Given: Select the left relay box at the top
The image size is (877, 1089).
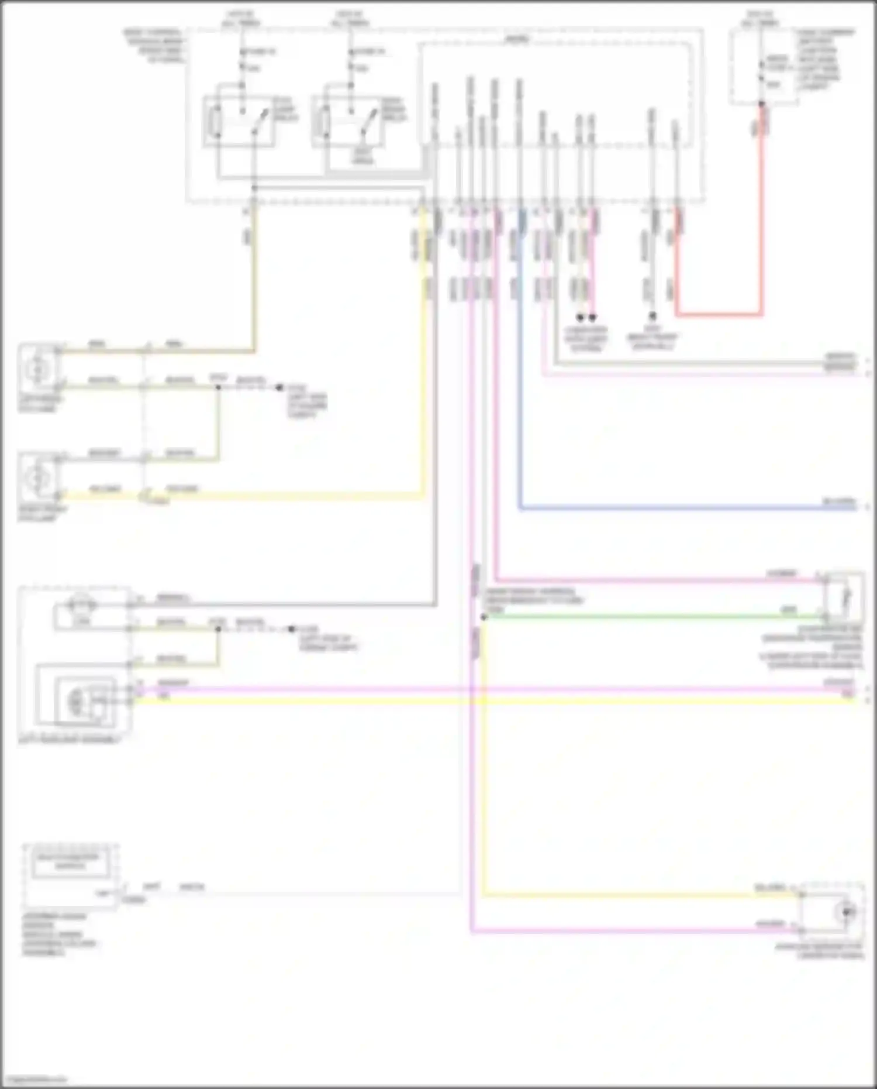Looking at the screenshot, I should [x=240, y=122].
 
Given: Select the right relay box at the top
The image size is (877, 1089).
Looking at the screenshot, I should [x=348, y=122].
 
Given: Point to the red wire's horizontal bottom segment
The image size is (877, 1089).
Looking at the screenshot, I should [x=719, y=314].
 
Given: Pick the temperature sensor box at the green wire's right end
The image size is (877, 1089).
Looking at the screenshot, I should [x=843, y=597].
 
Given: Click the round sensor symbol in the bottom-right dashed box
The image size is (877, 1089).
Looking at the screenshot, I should [x=846, y=912].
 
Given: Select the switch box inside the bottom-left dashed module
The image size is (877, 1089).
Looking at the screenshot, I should [x=70, y=864].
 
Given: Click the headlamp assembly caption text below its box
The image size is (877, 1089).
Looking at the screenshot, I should [x=69, y=740].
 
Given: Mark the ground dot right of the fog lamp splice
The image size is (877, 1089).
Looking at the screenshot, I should [x=279, y=387].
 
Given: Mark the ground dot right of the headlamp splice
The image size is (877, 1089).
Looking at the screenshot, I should [x=291, y=629].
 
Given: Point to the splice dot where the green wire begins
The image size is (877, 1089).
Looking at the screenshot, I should [x=484, y=617].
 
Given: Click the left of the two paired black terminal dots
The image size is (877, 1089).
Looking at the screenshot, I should [x=580, y=318].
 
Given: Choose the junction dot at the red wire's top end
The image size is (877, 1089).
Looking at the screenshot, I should [x=761, y=104].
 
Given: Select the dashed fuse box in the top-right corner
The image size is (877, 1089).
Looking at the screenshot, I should [x=764, y=67].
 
